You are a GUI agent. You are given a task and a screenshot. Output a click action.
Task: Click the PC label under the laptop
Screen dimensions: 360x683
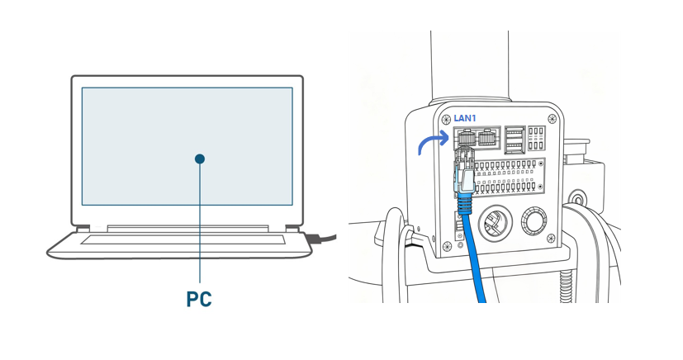tap(199, 298)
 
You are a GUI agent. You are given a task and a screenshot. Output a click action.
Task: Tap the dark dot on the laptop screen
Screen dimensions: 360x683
tap(200, 159)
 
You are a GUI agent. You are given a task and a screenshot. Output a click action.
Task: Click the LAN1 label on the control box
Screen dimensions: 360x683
tap(464, 118)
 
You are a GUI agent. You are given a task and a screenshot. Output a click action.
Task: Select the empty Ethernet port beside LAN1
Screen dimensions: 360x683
tap(487, 137)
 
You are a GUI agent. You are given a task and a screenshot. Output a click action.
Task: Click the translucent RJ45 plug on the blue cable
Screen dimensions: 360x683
tap(462, 174)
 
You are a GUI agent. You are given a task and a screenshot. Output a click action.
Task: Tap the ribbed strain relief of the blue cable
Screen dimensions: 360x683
tap(465, 201)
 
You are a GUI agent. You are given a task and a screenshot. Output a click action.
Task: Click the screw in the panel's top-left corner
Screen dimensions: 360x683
tap(446, 120)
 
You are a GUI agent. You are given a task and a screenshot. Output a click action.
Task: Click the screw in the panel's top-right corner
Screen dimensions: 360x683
tap(553, 119)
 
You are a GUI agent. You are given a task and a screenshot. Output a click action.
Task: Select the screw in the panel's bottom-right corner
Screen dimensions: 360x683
tap(550, 239)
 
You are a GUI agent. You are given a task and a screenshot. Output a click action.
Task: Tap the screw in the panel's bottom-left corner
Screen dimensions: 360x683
tap(446, 246)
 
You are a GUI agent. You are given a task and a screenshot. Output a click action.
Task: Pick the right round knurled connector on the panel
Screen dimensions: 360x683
tap(533, 221)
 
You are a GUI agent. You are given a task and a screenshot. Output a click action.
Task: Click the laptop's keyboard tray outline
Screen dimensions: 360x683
tap(183, 240)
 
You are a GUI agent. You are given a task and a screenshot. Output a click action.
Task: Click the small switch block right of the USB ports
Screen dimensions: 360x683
tap(536, 138)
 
